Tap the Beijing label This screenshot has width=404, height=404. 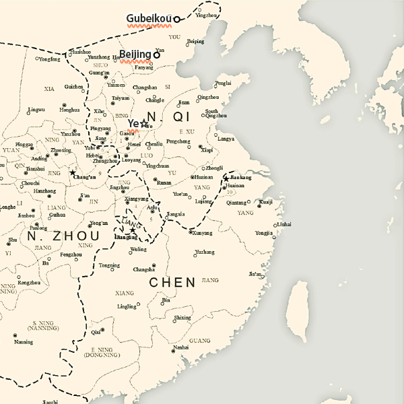[x=135, y=55]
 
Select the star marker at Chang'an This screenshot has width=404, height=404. [x=73, y=173]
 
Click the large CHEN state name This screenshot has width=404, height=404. [x=172, y=282]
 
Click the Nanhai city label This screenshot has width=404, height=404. [x=181, y=347]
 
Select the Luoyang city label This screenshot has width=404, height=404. [x=131, y=161]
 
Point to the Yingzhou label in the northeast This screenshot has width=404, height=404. [x=207, y=15]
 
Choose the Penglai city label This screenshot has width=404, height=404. [x=223, y=83]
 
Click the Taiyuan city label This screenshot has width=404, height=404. [x=121, y=98]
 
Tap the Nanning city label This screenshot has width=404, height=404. [x=23, y=342]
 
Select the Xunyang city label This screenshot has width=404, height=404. [x=202, y=233]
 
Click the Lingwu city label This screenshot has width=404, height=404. [x=36, y=109]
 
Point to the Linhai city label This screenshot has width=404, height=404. [x=284, y=224]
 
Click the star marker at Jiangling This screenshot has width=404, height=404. [x=133, y=230]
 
